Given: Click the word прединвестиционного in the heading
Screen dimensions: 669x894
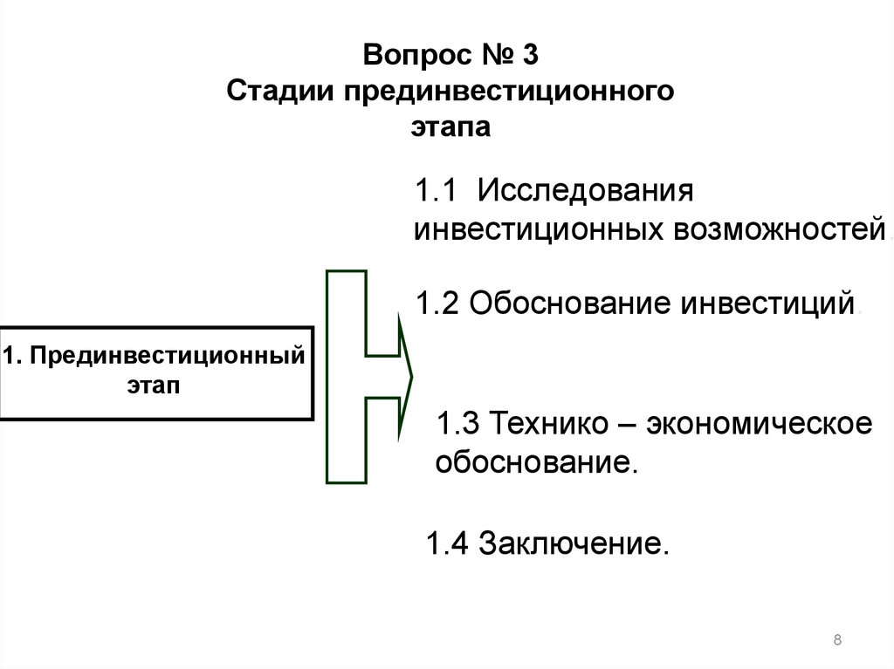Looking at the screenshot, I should coord(508,92).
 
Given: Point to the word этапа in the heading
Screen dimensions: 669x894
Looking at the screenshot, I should coord(451,127).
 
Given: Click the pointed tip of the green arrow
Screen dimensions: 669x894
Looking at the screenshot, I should coord(411,375).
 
